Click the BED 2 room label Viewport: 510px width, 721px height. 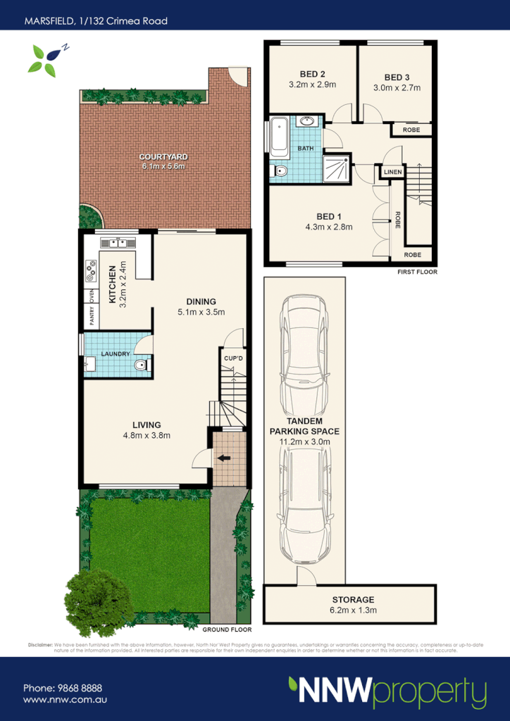pos(312,74)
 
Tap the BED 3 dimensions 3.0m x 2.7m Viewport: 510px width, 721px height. pos(397,88)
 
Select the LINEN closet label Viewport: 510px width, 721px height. pos(392,171)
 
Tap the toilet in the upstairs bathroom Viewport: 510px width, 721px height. pos(279,171)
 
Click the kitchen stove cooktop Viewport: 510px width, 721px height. pos(91,268)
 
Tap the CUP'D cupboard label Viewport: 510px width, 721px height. pos(233,358)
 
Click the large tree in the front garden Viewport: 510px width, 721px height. pos(98,601)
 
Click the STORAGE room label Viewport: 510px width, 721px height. pos(353,600)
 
